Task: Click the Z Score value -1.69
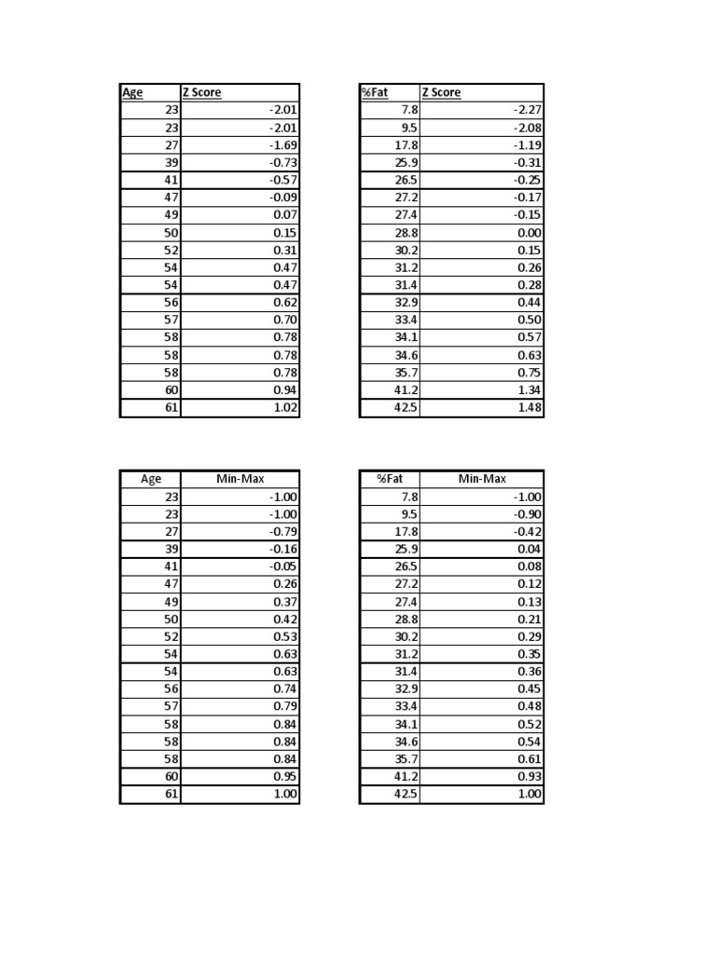click(283, 145)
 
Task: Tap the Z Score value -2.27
click(528, 110)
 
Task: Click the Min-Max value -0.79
click(283, 532)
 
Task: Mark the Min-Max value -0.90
click(528, 514)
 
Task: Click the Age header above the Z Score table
click(132, 92)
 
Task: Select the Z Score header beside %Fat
click(442, 92)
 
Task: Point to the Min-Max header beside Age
click(240, 479)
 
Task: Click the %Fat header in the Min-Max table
click(389, 479)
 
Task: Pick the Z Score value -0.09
click(283, 198)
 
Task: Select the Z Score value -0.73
click(283, 163)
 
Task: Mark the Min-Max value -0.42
click(528, 532)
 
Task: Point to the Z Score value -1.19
click(528, 145)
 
